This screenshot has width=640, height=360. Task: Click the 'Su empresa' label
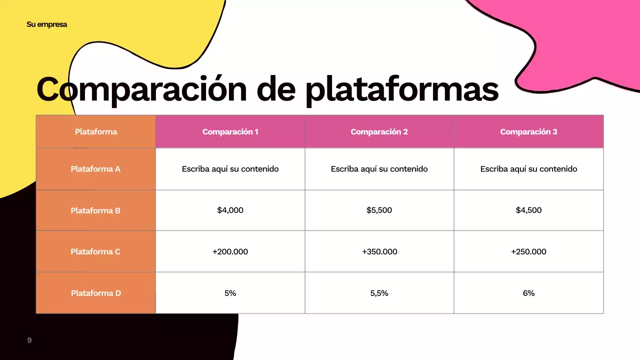tap(46, 24)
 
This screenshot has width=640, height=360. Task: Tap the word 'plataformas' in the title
tap(401, 89)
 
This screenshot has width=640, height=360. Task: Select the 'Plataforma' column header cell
tap(96, 132)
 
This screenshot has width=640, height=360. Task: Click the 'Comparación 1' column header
tap(230, 132)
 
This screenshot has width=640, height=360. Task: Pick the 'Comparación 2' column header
tap(379, 132)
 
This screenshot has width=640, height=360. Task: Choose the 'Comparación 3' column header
tap(528, 132)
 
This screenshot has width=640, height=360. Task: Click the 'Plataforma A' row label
tap(95, 169)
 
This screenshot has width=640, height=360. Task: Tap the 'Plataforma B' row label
tap(95, 210)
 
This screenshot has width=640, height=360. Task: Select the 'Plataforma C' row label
tap(95, 251)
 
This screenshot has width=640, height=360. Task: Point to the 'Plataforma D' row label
tap(95, 293)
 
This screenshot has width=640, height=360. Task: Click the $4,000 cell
tap(230, 210)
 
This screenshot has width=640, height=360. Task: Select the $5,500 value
tap(379, 210)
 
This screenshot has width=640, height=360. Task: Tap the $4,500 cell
tap(528, 210)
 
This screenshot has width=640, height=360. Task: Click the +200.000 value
tap(230, 251)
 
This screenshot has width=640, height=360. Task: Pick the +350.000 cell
tap(379, 251)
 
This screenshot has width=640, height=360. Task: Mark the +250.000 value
tap(528, 251)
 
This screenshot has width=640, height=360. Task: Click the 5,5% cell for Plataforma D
tap(379, 293)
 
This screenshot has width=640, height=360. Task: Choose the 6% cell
tap(528, 293)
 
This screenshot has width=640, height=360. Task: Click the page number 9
tap(29, 340)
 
